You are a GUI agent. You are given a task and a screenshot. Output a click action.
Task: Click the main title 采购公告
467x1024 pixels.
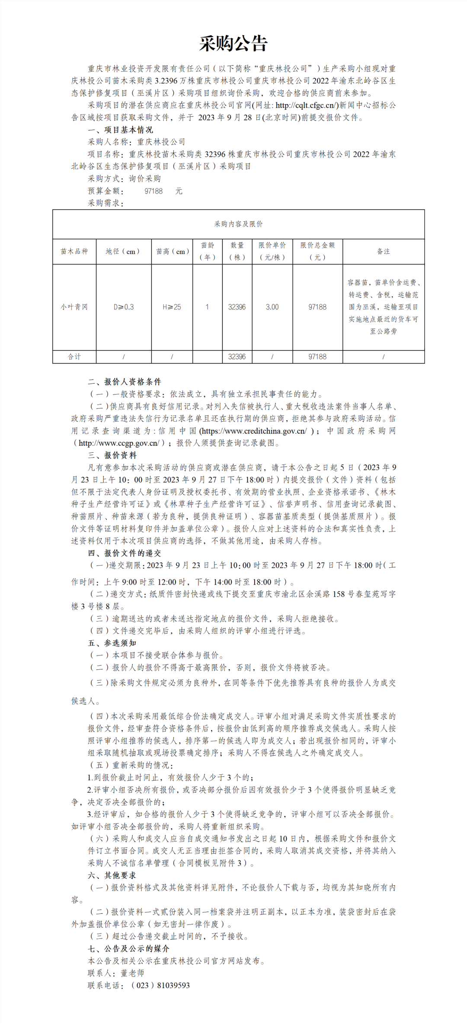[233, 43]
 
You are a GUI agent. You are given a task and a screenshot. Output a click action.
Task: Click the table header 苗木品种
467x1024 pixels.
[74, 251]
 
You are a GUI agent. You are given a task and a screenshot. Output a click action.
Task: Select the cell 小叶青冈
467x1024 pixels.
[74, 307]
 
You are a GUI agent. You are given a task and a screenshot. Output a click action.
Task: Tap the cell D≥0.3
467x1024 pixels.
[124, 307]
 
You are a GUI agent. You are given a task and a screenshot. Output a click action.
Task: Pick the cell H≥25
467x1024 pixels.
[172, 307]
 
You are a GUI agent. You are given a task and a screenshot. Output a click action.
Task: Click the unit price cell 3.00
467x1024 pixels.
[272, 307]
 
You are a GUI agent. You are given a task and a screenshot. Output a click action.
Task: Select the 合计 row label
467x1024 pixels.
[74, 357]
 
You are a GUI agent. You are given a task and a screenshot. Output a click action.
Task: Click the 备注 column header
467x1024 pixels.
[384, 251]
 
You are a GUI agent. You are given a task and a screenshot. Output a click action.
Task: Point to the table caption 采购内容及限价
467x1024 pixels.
[238, 224]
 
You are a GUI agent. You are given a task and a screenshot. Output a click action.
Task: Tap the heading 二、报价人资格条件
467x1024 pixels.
[125, 382]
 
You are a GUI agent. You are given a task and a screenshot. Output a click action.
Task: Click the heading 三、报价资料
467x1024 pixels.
[112, 455]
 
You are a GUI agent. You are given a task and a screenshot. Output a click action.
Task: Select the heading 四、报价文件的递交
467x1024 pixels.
[125, 553]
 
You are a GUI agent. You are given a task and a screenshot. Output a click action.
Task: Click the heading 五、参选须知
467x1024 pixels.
[112, 643]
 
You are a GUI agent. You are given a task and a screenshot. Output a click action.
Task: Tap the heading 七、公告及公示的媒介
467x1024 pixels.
[128, 949]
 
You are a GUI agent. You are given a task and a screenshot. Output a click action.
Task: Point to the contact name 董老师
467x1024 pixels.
[132, 973]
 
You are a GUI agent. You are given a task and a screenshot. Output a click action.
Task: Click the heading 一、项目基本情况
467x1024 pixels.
[120, 130]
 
